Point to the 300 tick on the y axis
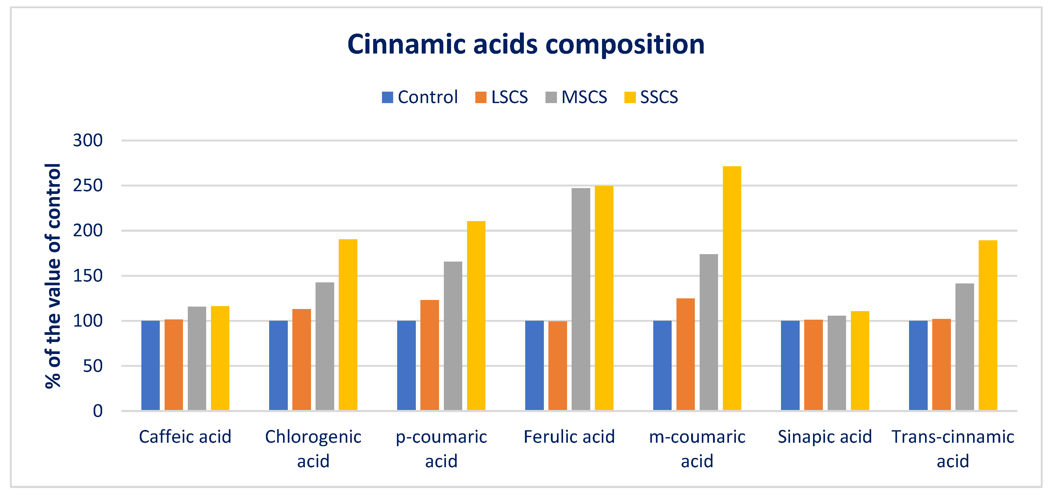[88, 140]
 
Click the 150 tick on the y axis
[88, 276]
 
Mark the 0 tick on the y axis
[98, 411]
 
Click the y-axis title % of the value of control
[53, 276]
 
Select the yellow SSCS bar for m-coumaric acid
[732, 288]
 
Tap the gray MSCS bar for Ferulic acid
[581, 299]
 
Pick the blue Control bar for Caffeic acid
[150, 365]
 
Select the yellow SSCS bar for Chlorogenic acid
[348, 325]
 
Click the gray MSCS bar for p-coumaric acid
[453, 336]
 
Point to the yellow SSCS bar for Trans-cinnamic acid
[988, 325]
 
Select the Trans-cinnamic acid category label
[953, 448]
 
